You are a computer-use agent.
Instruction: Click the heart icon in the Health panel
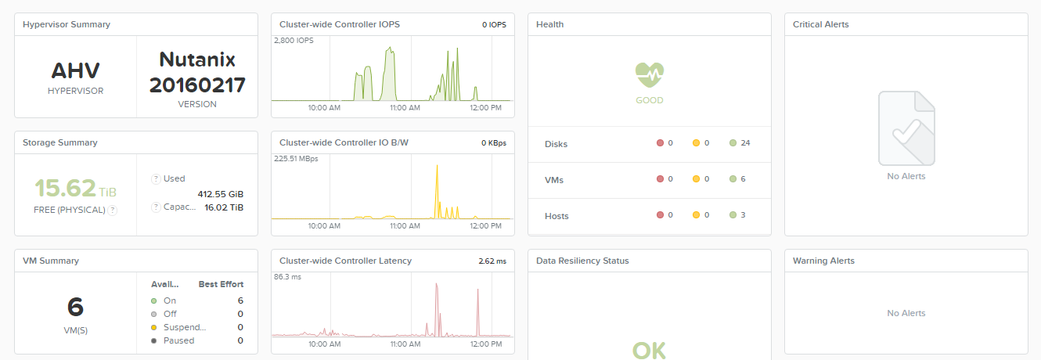tap(649, 75)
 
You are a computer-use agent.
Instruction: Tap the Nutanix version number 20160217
tap(197, 85)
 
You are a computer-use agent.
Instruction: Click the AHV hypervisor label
tap(76, 72)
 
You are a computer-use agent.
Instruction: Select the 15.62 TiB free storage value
tap(65, 188)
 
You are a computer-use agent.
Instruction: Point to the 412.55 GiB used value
tap(222, 193)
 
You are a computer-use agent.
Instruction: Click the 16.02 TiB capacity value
tap(224, 207)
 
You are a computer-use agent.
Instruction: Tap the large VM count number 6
tap(76, 307)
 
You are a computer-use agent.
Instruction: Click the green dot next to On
tap(154, 301)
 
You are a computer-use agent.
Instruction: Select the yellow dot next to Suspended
tap(154, 327)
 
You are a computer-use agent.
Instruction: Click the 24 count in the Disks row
tap(745, 143)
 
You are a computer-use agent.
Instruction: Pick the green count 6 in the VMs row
tap(743, 179)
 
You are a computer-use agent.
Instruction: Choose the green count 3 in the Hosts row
tap(743, 215)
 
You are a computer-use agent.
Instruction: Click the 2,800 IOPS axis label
tap(294, 40)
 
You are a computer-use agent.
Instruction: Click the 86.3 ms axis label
tap(288, 277)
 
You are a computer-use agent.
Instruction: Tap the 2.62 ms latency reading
tap(492, 261)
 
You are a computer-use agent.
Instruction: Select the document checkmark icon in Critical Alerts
tap(906, 128)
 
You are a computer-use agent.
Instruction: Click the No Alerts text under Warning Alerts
tap(906, 313)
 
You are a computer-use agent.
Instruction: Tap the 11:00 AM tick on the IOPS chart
tap(405, 107)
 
